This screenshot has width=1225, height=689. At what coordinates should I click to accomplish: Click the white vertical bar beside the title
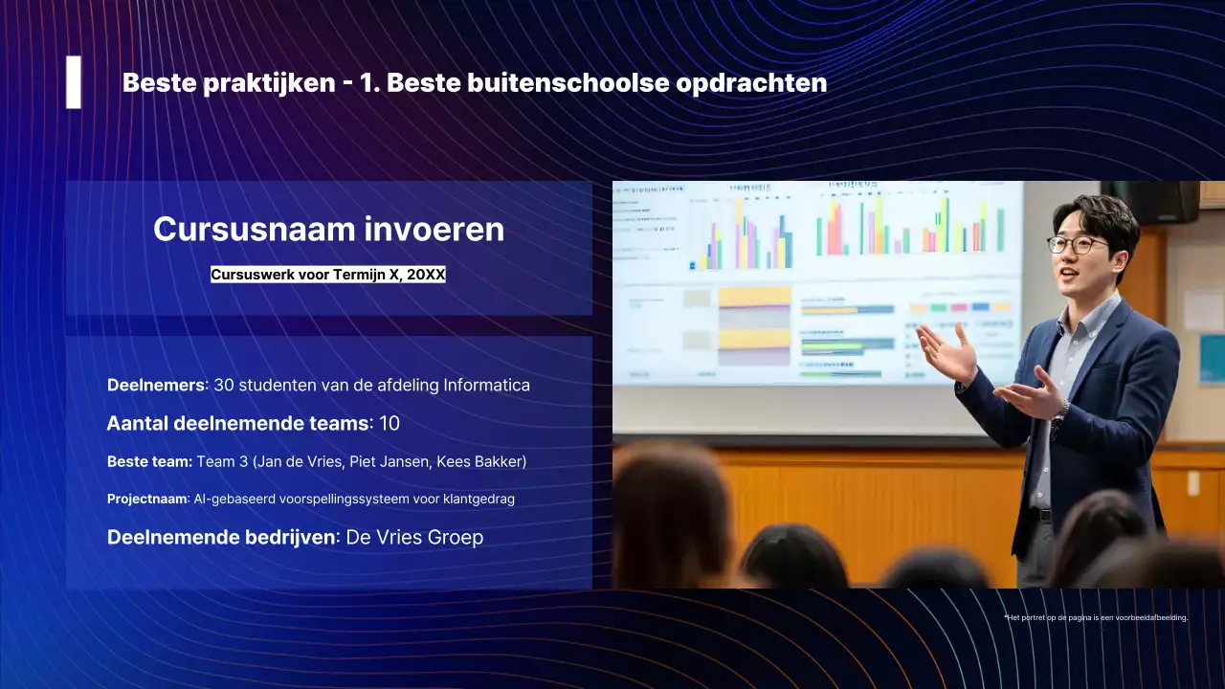74,82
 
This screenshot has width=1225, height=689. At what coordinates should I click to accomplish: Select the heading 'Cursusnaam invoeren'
328,230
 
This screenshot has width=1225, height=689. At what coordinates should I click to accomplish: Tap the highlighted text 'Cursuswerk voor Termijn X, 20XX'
328,275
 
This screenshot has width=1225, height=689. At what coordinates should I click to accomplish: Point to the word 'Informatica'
486,385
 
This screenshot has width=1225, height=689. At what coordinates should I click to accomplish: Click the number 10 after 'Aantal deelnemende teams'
390,423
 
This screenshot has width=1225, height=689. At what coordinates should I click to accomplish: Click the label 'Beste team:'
149,462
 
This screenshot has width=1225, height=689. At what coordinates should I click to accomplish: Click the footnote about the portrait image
1096,618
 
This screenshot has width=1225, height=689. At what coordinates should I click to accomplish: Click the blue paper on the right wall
1212,359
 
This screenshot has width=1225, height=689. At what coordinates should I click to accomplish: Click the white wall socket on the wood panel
1192,483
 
